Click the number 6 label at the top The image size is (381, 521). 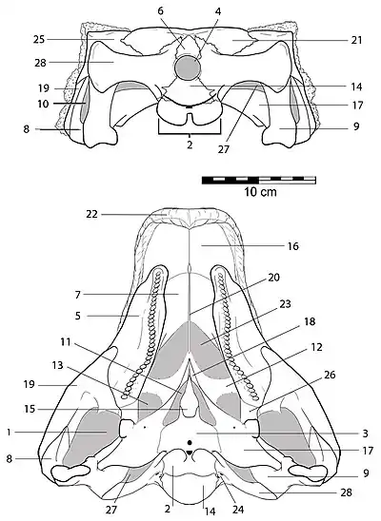pos(160,11)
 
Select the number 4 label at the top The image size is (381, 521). pos(218,11)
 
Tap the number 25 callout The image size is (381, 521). pos(39,40)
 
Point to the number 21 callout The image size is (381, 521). pos(356,40)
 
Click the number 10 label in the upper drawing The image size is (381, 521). pos(43,104)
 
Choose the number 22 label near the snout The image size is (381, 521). pos(91,214)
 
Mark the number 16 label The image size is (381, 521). pos(293,246)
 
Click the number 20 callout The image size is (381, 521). pos(274,277)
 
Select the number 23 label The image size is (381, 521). pos(285,303)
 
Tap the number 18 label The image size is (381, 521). pos(310,321)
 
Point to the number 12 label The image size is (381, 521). pos(317,347)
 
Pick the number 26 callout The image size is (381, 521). pos(330,375)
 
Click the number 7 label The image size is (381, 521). pos(78,295)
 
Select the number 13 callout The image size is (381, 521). pos(57,365)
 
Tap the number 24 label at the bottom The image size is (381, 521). pos(238,510)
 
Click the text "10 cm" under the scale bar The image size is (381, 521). pos(261,192)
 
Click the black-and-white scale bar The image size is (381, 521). pos(259,181)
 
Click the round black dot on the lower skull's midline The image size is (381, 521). pos(190,443)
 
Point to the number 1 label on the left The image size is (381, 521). pos(9,433)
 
